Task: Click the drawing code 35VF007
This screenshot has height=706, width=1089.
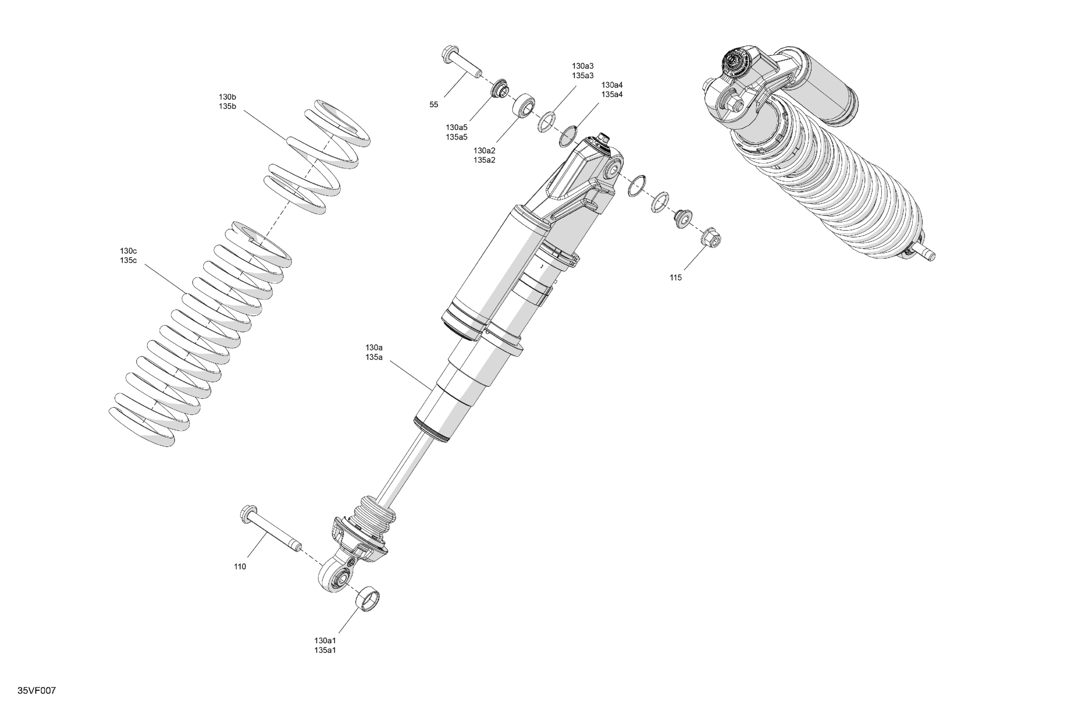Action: (x=37, y=691)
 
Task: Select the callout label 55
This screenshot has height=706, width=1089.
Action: (x=434, y=105)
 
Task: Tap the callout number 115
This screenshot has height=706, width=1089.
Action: (x=675, y=278)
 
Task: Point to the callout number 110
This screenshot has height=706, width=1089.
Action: (x=240, y=567)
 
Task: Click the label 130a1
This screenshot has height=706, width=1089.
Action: (x=325, y=640)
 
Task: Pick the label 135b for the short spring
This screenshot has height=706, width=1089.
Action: (x=228, y=107)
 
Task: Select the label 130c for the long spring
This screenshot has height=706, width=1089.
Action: (x=128, y=251)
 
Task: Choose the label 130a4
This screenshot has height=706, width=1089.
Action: (x=612, y=85)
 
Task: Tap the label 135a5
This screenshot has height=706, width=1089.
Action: (x=456, y=137)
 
